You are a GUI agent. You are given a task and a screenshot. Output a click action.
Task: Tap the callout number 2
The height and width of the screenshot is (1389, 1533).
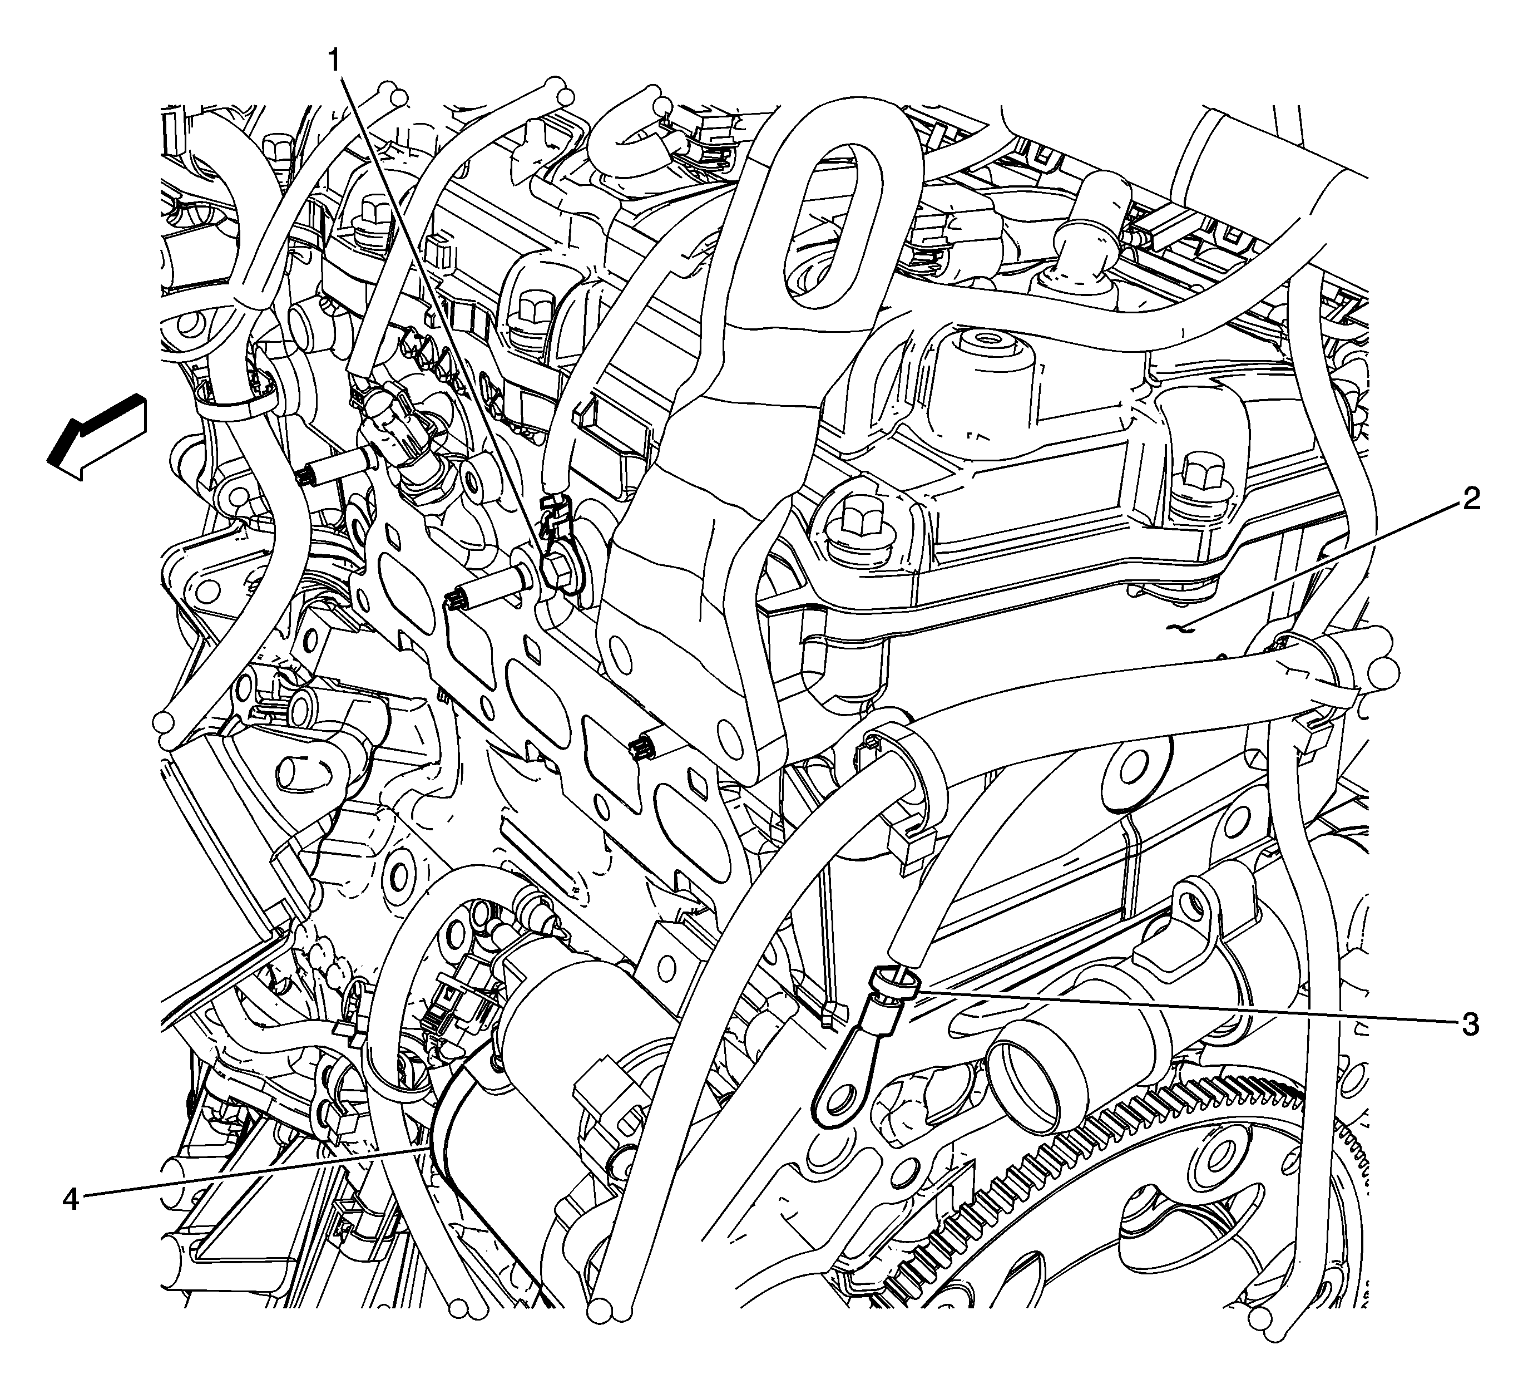coord(1471,500)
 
